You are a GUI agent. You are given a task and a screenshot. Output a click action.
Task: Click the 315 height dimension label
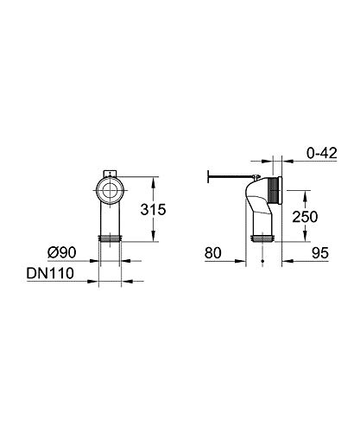point(153,210)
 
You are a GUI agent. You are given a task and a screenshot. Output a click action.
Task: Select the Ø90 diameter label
point(62,252)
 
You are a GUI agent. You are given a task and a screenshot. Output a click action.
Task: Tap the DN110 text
point(50,273)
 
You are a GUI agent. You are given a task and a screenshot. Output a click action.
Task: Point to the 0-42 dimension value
point(322,153)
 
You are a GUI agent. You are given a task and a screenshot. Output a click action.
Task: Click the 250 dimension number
point(305,217)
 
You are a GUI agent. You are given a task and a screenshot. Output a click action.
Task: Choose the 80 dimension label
point(213,253)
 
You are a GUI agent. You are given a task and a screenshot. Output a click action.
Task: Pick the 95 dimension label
point(320,253)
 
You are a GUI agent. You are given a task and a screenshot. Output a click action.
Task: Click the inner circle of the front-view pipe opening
point(111,191)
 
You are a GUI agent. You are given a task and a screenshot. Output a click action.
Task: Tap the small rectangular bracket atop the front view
point(111,174)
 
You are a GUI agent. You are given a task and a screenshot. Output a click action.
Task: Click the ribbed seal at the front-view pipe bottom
point(111,238)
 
